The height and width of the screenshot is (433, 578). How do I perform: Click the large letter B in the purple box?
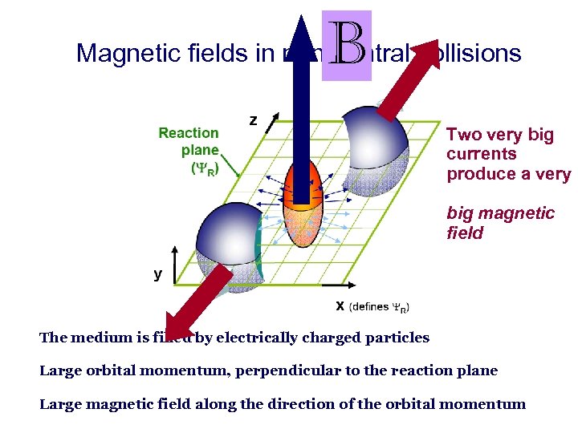tap(348, 47)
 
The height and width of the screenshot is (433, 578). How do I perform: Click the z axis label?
tap(253, 120)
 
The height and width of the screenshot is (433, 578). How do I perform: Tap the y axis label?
tap(158, 274)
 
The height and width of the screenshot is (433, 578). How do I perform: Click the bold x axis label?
tap(340, 306)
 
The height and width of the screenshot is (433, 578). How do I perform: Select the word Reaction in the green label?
tap(189, 133)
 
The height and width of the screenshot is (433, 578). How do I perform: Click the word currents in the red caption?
tap(481, 154)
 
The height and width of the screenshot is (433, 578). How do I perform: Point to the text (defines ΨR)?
tap(379, 307)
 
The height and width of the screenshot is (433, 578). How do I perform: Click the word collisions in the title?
tap(478, 54)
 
